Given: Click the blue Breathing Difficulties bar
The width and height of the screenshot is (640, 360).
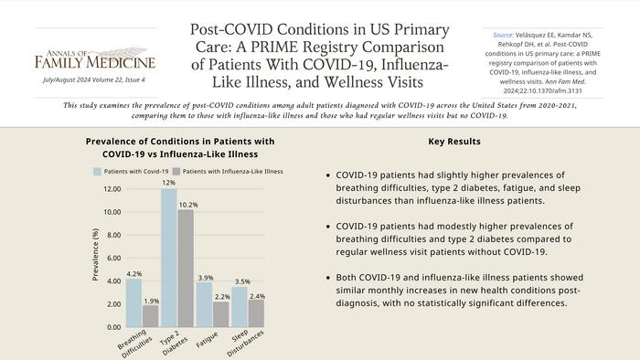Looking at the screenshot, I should tap(133, 302).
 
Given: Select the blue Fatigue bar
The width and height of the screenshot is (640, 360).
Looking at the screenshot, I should tap(204, 304).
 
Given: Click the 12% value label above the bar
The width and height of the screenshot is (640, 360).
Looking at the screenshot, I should tap(168, 183).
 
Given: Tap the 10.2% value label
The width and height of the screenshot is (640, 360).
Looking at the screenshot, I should tap(187, 204).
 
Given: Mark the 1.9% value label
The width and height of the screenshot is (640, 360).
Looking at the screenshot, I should tap(152, 300).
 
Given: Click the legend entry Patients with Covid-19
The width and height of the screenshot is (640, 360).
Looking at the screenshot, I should tap(132, 171).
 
